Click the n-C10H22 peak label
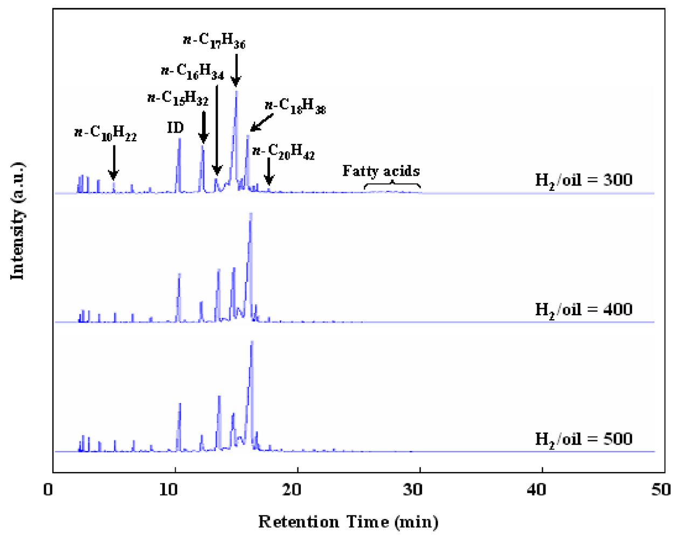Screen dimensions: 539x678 [x=105, y=133]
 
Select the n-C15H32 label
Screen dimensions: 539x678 [x=178, y=99]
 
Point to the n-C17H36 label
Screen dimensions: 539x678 [x=214, y=41]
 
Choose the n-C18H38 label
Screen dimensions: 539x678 [x=295, y=107]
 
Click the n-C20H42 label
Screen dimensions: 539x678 [x=283, y=153]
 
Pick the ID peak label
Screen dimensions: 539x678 [x=175, y=128]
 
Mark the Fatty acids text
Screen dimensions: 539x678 [x=381, y=171]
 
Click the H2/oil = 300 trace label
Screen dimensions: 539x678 [x=583, y=180]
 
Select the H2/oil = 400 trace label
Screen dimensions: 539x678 [x=583, y=310]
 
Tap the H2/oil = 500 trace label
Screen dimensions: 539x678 [x=583, y=439]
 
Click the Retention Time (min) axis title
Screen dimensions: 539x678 [x=348, y=522]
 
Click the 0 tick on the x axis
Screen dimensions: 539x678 [x=49, y=489]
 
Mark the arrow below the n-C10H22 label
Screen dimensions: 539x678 [x=113, y=162]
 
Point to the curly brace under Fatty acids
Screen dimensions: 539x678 [x=392, y=186]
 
